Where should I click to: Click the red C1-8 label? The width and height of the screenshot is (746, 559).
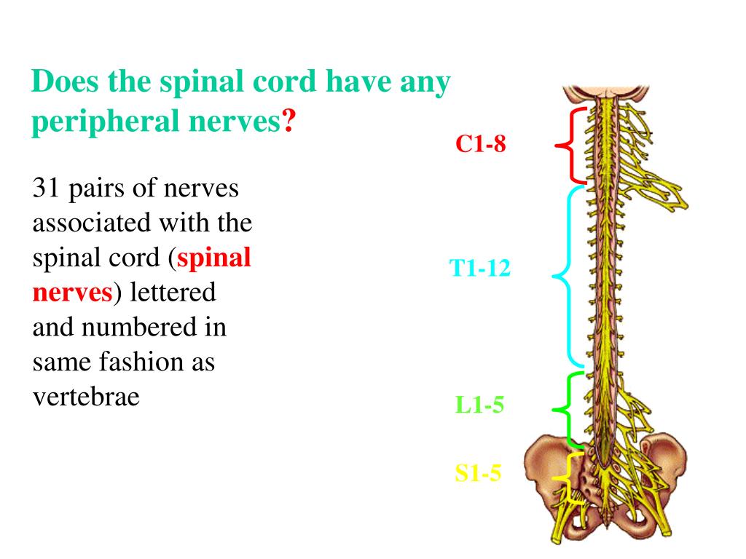pos(480,144)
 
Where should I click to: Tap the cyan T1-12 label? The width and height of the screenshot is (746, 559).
pos(480,269)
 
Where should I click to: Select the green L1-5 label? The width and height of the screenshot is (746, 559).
pos(479,405)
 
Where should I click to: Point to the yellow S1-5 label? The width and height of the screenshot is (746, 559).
pos(478,474)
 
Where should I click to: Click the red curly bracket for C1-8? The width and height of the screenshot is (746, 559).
pos(570,146)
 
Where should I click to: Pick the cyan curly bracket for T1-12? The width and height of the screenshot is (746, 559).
pos(568,277)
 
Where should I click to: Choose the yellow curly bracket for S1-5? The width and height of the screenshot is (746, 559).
pos(565,477)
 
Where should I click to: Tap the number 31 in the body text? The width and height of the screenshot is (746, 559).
pos(46,189)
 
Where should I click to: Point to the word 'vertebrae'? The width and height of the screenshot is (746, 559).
pos(86,397)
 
